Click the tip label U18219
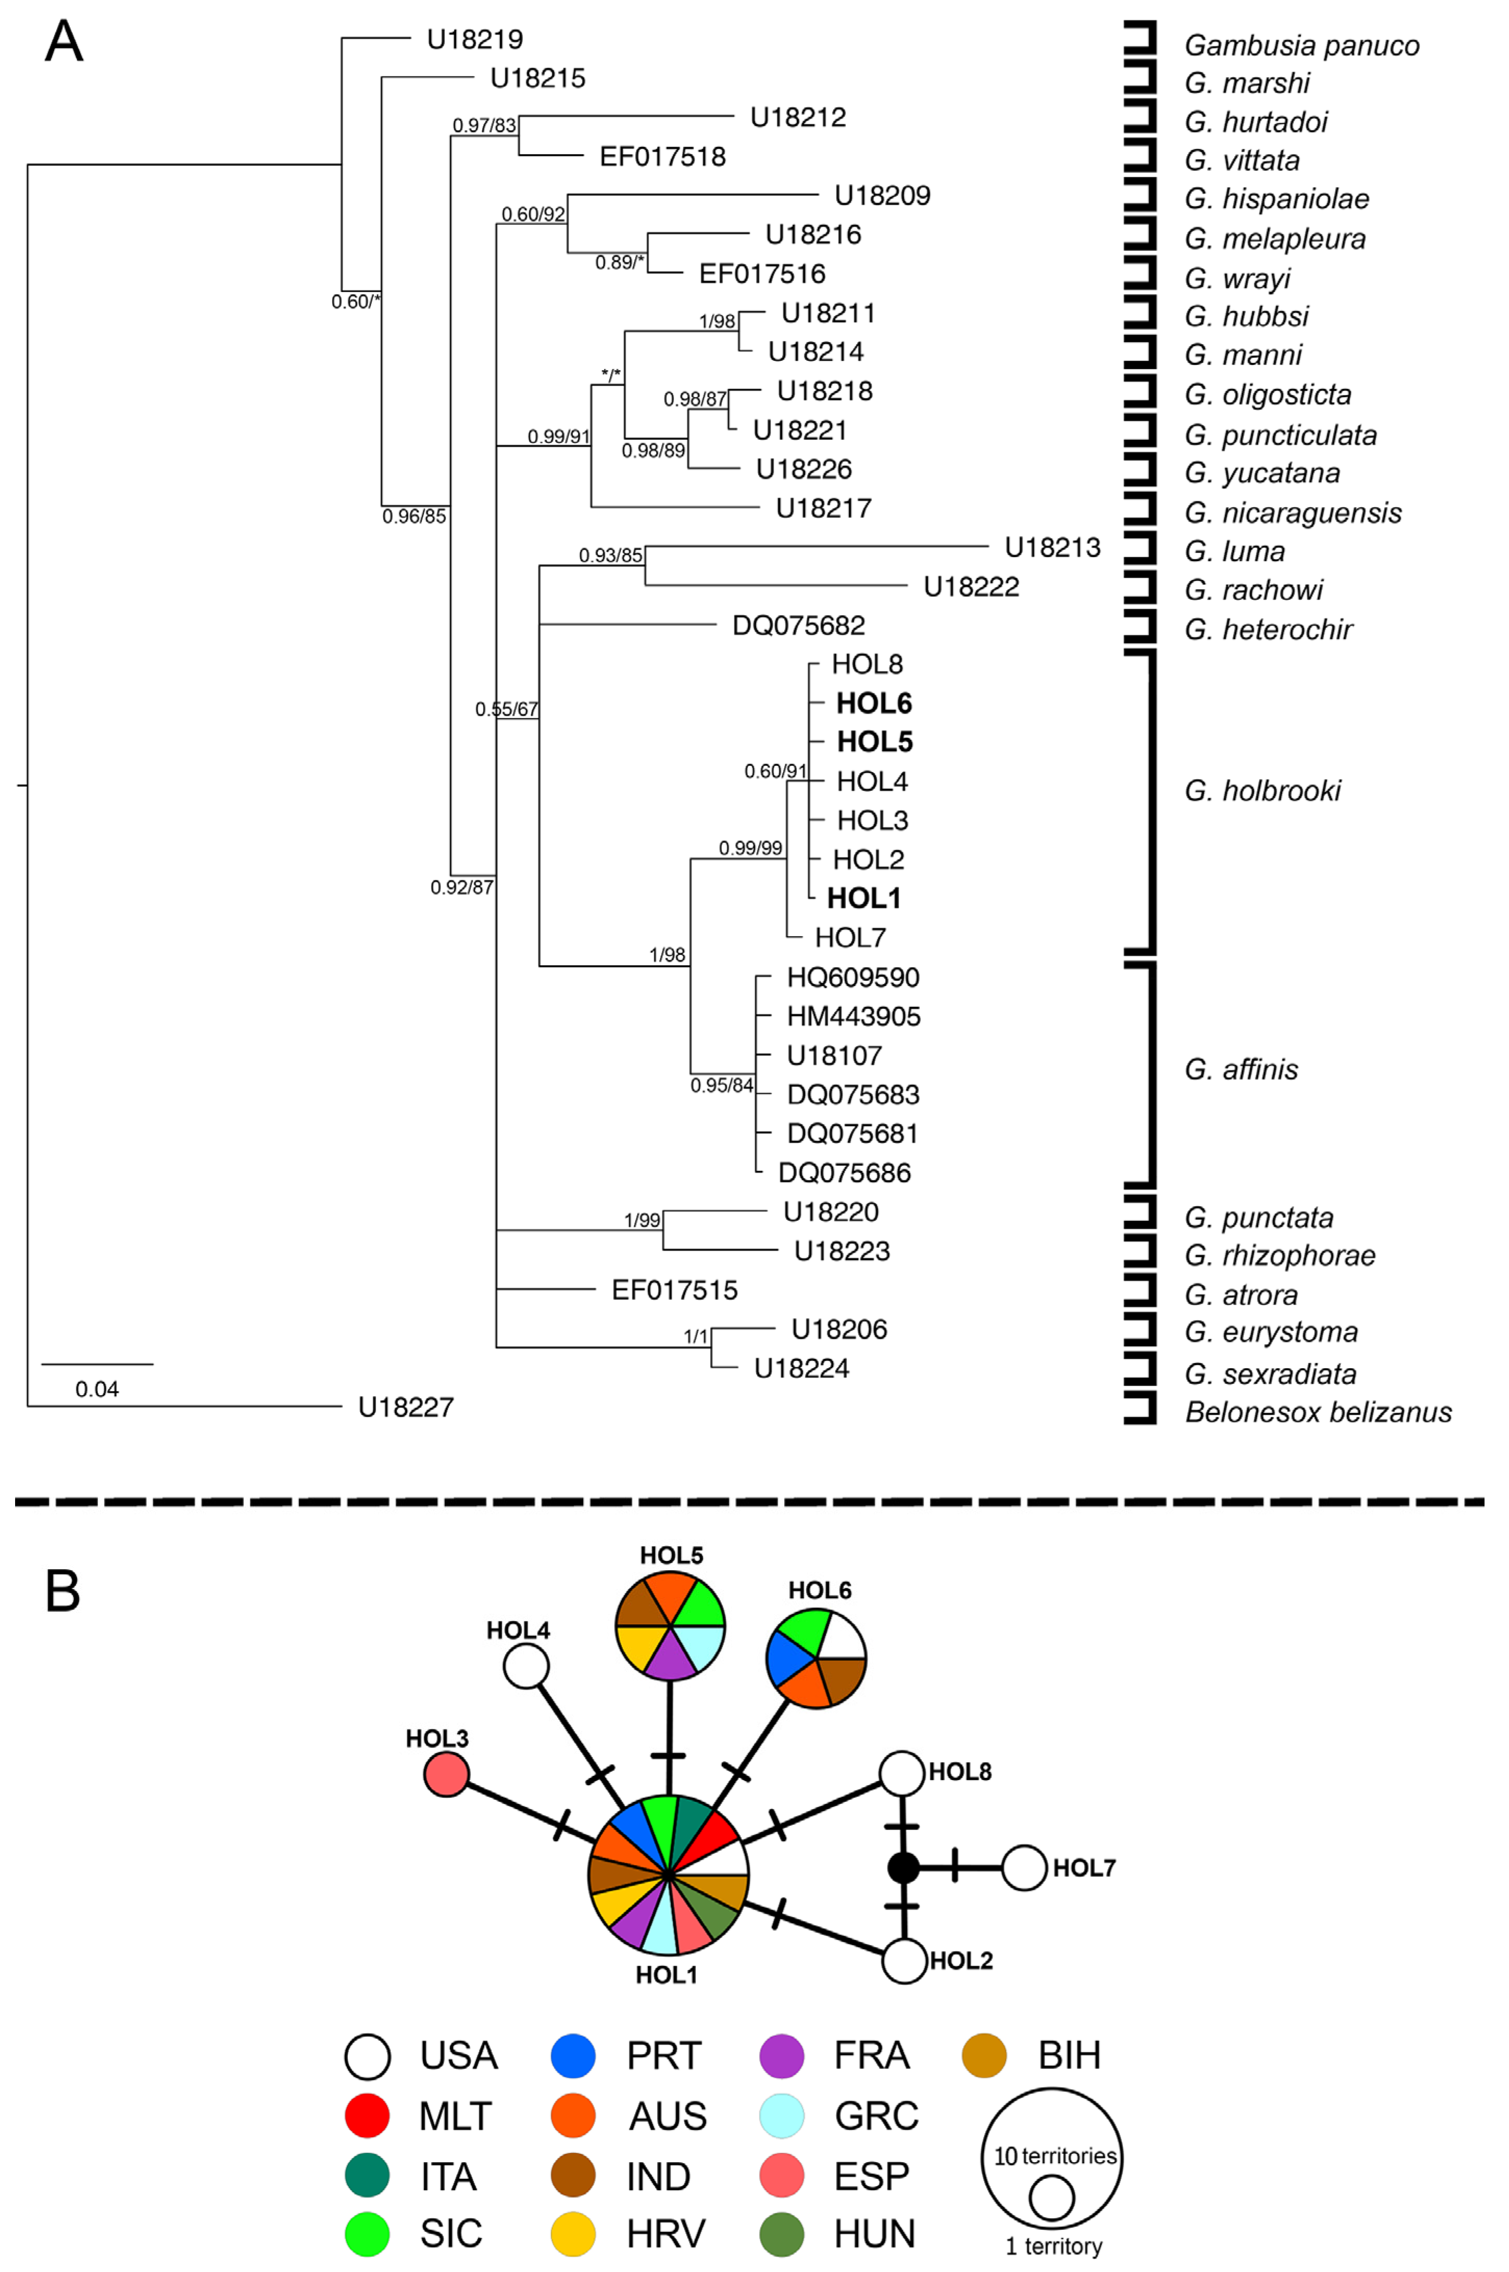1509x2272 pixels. coord(474,40)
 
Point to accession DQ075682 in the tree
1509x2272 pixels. coord(798,625)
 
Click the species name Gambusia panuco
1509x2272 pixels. coord(1301,45)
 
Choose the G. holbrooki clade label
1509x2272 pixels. coord(1262,791)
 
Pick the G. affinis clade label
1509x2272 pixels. coord(1240,1069)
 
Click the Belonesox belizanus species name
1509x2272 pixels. coord(1317,1412)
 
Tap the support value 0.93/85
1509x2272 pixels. coord(610,556)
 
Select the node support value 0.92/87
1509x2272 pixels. coord(461,887)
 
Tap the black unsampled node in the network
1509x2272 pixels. coord(903,1868)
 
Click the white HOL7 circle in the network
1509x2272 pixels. coord(1024,1868)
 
